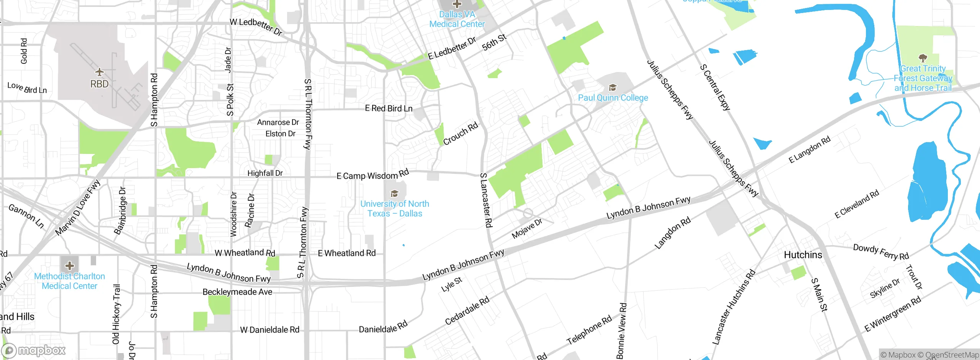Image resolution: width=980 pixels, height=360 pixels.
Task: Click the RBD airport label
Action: click(99, 84)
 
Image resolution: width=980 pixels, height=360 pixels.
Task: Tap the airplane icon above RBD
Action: click(100, 72)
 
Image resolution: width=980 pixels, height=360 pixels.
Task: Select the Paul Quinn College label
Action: click(613, 98)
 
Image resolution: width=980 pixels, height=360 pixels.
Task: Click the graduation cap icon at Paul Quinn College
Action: click(612, 88)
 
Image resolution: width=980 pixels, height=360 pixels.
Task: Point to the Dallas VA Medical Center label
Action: click(457, 19)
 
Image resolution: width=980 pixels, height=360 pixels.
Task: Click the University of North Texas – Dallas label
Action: click(395, 209)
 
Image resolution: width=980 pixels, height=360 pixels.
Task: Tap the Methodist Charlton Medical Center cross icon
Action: click(69, 265)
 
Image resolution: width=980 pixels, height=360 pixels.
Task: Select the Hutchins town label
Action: click(803, 255)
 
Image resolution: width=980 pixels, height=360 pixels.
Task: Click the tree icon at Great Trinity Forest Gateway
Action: click(923, 58)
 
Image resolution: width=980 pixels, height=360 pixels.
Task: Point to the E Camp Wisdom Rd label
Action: click(372, 175)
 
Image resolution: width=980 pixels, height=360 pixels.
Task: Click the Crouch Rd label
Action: click(461, 134)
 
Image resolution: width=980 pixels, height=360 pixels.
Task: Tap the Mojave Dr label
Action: click(527, 229)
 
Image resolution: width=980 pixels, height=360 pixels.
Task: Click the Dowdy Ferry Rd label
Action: click(880, 252)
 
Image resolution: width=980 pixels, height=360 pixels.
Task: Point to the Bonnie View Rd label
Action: click(621, 331)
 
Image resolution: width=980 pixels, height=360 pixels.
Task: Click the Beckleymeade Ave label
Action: click(237, 292)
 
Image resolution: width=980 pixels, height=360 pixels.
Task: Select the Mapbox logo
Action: click(34, 350)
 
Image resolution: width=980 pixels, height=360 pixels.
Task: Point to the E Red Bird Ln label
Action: click(389, 108)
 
